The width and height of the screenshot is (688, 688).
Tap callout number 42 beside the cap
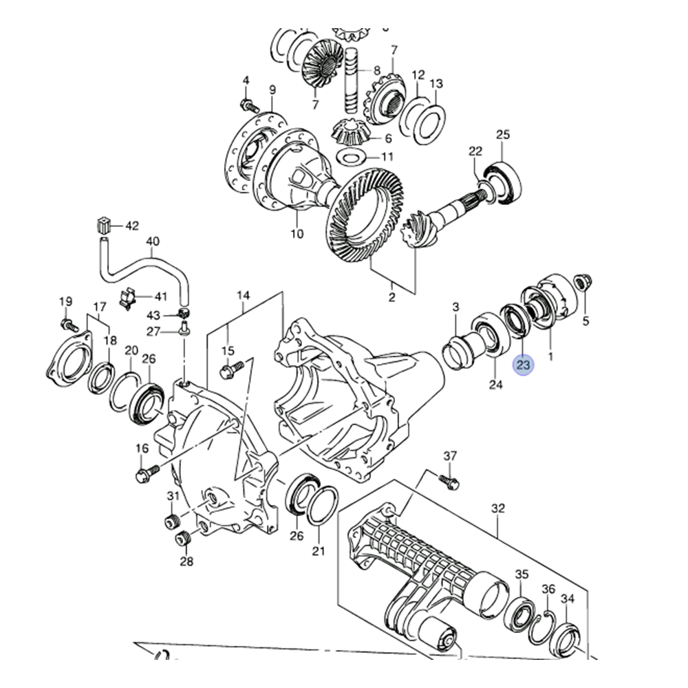click(132, 225)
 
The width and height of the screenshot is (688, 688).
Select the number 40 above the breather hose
click(153, 241)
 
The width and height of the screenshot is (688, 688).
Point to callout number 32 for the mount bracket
click(498, 508)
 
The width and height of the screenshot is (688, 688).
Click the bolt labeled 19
click(67, 323)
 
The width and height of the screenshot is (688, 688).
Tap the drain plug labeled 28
click(183, 537)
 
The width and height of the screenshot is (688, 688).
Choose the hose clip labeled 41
click(131, 298)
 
